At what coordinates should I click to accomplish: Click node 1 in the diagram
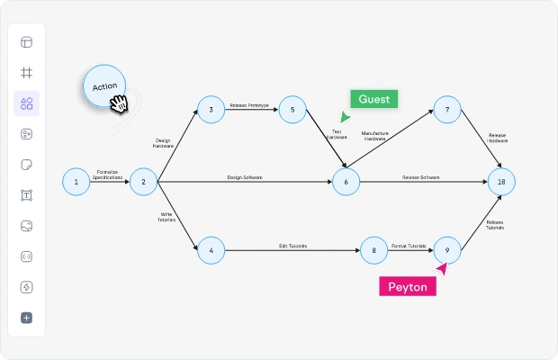click(x=76, y=182)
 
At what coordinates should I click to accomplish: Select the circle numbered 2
click(x=143, y=182)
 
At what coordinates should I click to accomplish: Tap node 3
click(x=211, y=110)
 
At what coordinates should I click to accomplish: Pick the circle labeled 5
click(x=292, y=110)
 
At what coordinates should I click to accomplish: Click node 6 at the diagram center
click(x=346, y=182)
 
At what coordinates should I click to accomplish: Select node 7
click(x=447, y=110)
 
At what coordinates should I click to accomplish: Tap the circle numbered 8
click(x=373, y=250)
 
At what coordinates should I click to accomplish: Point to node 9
click(x=447, y=250)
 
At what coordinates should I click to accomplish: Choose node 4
click(x=211, y=250)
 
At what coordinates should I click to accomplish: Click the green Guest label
click(x=374, y=99)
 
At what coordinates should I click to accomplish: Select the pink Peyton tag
click(x=408, y=286)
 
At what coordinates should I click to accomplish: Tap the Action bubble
click(x=104, y=86)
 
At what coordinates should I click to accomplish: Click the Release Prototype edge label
click(x=249, y=105)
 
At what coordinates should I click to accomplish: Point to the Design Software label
click(x=245, y=177)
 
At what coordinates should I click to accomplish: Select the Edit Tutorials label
click(x=292, y=246)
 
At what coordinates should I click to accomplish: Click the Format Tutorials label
click(x=409, y=246)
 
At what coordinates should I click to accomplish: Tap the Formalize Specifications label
click(x=107, y=175)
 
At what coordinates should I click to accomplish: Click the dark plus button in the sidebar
click(x=27, y=318)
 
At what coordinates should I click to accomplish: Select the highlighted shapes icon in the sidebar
click(x=27, y=103)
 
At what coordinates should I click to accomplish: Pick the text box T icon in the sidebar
click(x=27, y=195)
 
